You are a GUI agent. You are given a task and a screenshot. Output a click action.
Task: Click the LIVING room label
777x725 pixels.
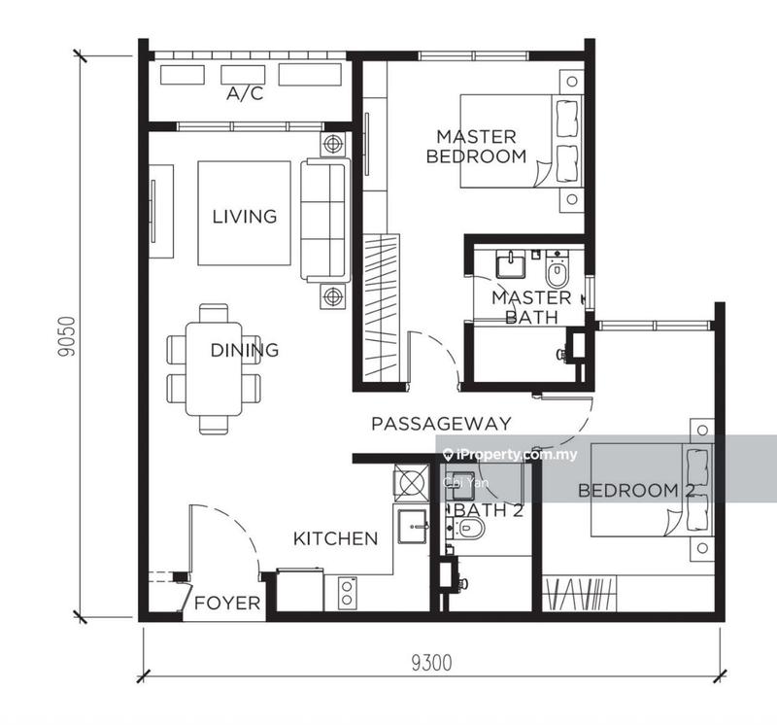point(244,216)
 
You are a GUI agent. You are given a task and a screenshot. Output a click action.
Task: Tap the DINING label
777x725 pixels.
point(244,350)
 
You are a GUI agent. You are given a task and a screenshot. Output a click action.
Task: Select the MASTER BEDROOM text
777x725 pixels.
point(476,146)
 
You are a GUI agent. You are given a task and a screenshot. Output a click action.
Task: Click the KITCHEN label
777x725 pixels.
point(336,538)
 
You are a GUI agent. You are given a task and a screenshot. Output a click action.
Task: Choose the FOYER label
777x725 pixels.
point(227,604)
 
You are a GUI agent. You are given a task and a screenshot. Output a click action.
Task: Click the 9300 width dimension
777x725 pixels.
point(431,664)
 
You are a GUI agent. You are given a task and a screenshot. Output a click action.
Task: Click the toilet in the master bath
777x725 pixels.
point(556,271)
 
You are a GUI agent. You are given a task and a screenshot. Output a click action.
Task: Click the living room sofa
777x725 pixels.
point(323,221)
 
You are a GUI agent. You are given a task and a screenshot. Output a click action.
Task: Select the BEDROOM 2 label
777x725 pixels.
point(628,490)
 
